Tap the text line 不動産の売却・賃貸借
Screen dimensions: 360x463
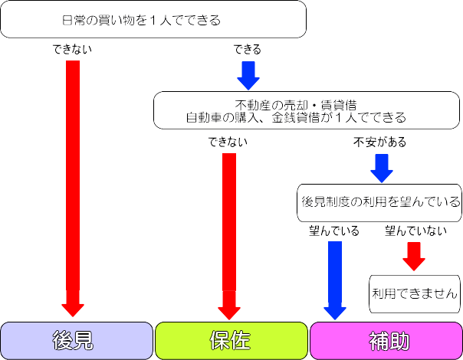click(x=295, y=105)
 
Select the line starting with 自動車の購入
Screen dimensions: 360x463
click(x=295, y=118)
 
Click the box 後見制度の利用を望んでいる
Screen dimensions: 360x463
click(x=380, y=202)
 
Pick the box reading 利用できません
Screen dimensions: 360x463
click(x=414, y=293)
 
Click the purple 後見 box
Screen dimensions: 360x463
click(x=76, y=340)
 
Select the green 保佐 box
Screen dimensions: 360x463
click(x=230, y=340)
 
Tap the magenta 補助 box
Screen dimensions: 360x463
click(x=385, y=340)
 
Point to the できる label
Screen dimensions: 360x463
click(x=247, y=50)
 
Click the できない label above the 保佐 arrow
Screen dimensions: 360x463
click(x=227, y=142)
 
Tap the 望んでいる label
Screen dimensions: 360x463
click(x=334, y=230)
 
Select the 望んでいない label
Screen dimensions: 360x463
click(x=415, y=230)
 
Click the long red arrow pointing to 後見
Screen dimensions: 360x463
click(x=73, y=184)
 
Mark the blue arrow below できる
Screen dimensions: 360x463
click(x=248, y=75)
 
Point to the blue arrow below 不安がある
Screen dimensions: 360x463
click(x=381, y=167)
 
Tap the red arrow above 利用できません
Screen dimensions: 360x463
click(x=414, y=256)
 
